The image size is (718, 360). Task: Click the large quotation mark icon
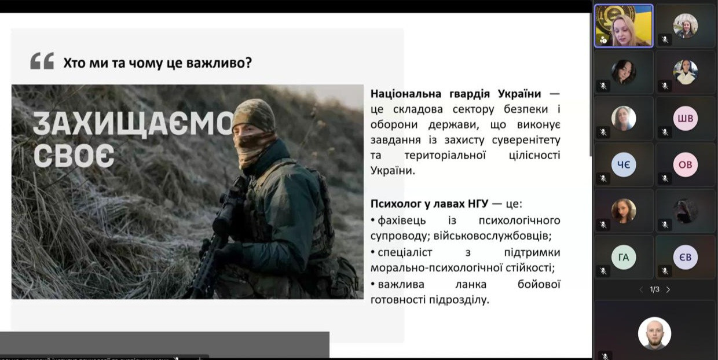coord(42,61)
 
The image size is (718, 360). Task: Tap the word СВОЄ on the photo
coord(74,155)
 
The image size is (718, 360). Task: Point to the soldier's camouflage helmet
coord(254,115)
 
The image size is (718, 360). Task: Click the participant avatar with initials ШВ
coord(685,119)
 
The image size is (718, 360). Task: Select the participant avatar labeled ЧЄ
coord(624,165)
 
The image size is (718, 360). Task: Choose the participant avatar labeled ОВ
coord(685,165)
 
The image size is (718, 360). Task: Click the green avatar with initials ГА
coord(624,258)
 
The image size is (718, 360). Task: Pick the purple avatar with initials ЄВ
coord(685,258)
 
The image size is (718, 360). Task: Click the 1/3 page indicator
coord(654,289)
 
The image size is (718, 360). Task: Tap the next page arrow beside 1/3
coord(668,289)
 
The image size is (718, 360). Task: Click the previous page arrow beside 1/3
coord(640,289)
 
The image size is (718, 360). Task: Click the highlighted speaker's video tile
coord(624,26)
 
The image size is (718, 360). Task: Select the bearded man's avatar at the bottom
coord(654,333)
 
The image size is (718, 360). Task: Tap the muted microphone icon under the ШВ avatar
coord(664,133)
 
